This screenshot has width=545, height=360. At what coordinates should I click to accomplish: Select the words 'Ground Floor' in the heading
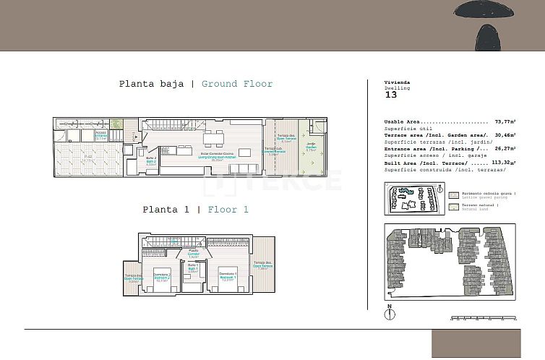pos(237,84)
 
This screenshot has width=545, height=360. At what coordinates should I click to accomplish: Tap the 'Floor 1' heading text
pos(228,210)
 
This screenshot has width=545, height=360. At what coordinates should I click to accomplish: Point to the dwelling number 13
pos(391,95)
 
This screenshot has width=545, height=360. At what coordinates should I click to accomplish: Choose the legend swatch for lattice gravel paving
pos(453,194)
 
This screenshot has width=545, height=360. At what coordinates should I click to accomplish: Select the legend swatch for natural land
pos(453,207)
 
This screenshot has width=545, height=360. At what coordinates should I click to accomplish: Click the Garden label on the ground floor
pos(311,150)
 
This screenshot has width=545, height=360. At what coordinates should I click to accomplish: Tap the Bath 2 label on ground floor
pos(151,160)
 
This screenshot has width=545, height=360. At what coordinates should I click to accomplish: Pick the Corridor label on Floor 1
pos(193,254)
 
